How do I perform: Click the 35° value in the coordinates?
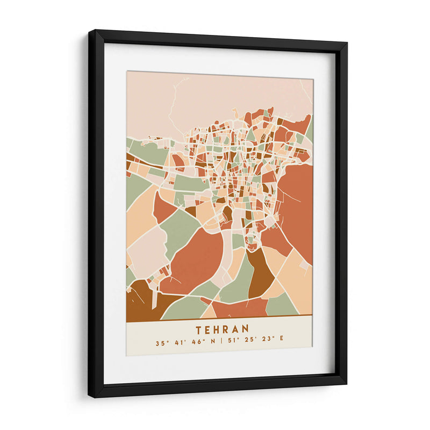click(x=160, y=342)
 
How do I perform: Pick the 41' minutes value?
click(x=180, y=342)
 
